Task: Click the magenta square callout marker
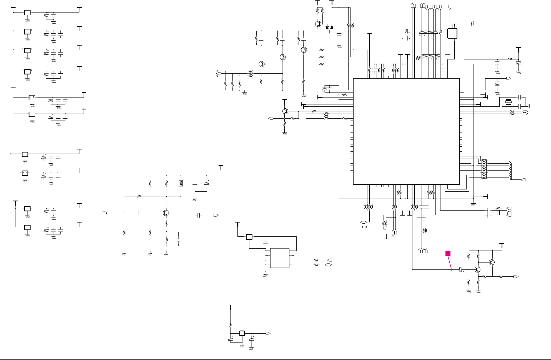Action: click(448, 253)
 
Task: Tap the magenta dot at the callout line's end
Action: click(452, 270)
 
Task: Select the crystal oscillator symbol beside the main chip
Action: click(508, 102)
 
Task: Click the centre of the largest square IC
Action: click(406, 131)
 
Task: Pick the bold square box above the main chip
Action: click(452, 33)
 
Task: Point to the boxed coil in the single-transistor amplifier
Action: click(181, 183)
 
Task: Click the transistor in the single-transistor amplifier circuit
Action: click(166, 213)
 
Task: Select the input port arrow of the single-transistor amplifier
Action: click(105, 213)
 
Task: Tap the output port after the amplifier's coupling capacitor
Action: click(216, 215)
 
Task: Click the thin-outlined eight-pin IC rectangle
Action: click(280, 258)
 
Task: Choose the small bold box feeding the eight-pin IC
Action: click(249, 237)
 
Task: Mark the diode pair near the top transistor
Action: click(329, 27)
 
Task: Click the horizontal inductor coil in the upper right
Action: click(510, 59)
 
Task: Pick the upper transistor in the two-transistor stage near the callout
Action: click(492, 262)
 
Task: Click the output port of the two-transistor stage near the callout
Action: click(516, 277)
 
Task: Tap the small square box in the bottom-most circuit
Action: click(242, 333)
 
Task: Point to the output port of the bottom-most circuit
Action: click(268, 333)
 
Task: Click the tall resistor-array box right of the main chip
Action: click(484, 169)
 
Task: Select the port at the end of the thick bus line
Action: click(524, 180)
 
